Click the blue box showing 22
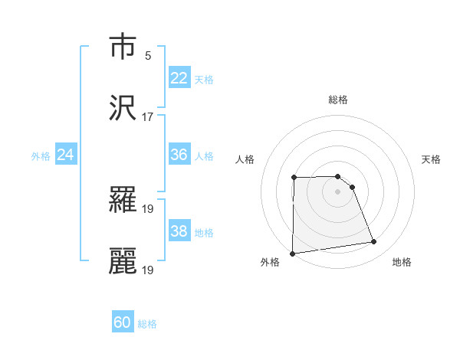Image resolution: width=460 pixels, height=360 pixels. (179, 77)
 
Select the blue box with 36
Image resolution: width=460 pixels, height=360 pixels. (179, 155)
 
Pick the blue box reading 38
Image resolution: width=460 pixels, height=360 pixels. (179, 231)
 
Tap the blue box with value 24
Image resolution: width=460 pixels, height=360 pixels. (66, 155)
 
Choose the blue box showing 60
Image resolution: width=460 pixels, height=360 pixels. (123, 322)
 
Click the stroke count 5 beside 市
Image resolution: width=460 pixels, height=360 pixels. (148, 56)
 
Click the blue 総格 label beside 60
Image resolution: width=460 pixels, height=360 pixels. (147, 324)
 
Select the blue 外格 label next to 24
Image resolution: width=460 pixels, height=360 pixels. (41, 156)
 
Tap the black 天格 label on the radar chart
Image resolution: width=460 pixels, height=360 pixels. (432, 159)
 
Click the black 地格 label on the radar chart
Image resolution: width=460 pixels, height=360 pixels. (402, 262)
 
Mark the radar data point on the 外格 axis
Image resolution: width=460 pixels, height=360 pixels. (292, 254)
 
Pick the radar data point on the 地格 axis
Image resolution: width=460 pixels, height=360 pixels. (374, 242)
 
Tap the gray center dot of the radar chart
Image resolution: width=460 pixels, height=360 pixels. (337, 191)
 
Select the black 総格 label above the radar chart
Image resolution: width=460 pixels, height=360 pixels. (338, 100)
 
